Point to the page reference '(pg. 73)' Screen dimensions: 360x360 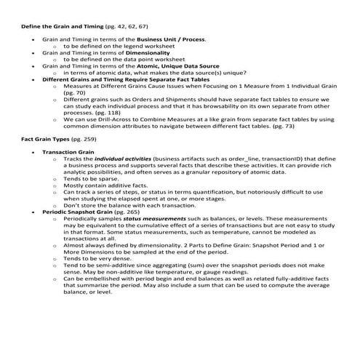pos(282,127)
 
